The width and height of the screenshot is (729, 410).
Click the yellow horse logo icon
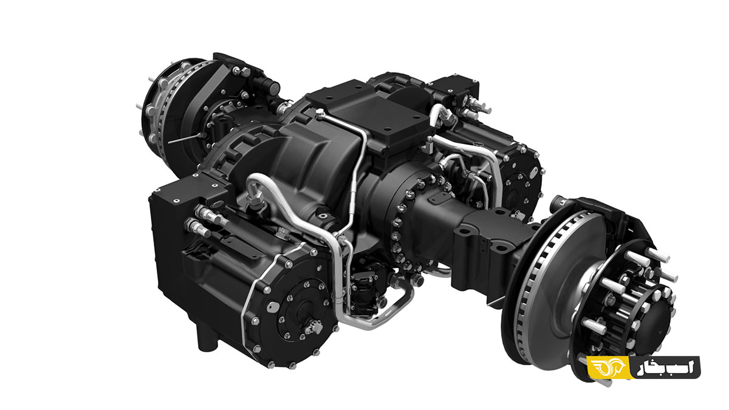[x=608, y=367]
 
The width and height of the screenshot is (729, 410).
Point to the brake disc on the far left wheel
[x=163, y=108]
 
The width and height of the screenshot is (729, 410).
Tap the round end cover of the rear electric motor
[x=521, y=182]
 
